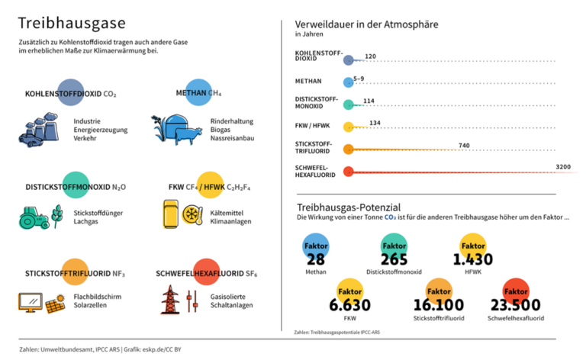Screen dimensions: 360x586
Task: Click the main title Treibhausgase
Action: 72,23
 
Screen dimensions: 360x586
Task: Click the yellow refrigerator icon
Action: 172,214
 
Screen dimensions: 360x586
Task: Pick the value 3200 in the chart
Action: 563,166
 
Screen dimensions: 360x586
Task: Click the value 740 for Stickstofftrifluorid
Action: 464,145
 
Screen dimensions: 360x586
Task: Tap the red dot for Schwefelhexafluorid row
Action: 349,172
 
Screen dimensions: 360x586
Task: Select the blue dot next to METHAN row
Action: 349,81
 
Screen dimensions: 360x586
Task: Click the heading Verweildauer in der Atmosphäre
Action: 366,24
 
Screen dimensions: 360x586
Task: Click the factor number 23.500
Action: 516,304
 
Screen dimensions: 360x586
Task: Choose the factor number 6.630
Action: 349,305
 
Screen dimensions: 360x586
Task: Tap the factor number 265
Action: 394,259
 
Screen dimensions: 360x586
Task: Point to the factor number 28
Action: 316,259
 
